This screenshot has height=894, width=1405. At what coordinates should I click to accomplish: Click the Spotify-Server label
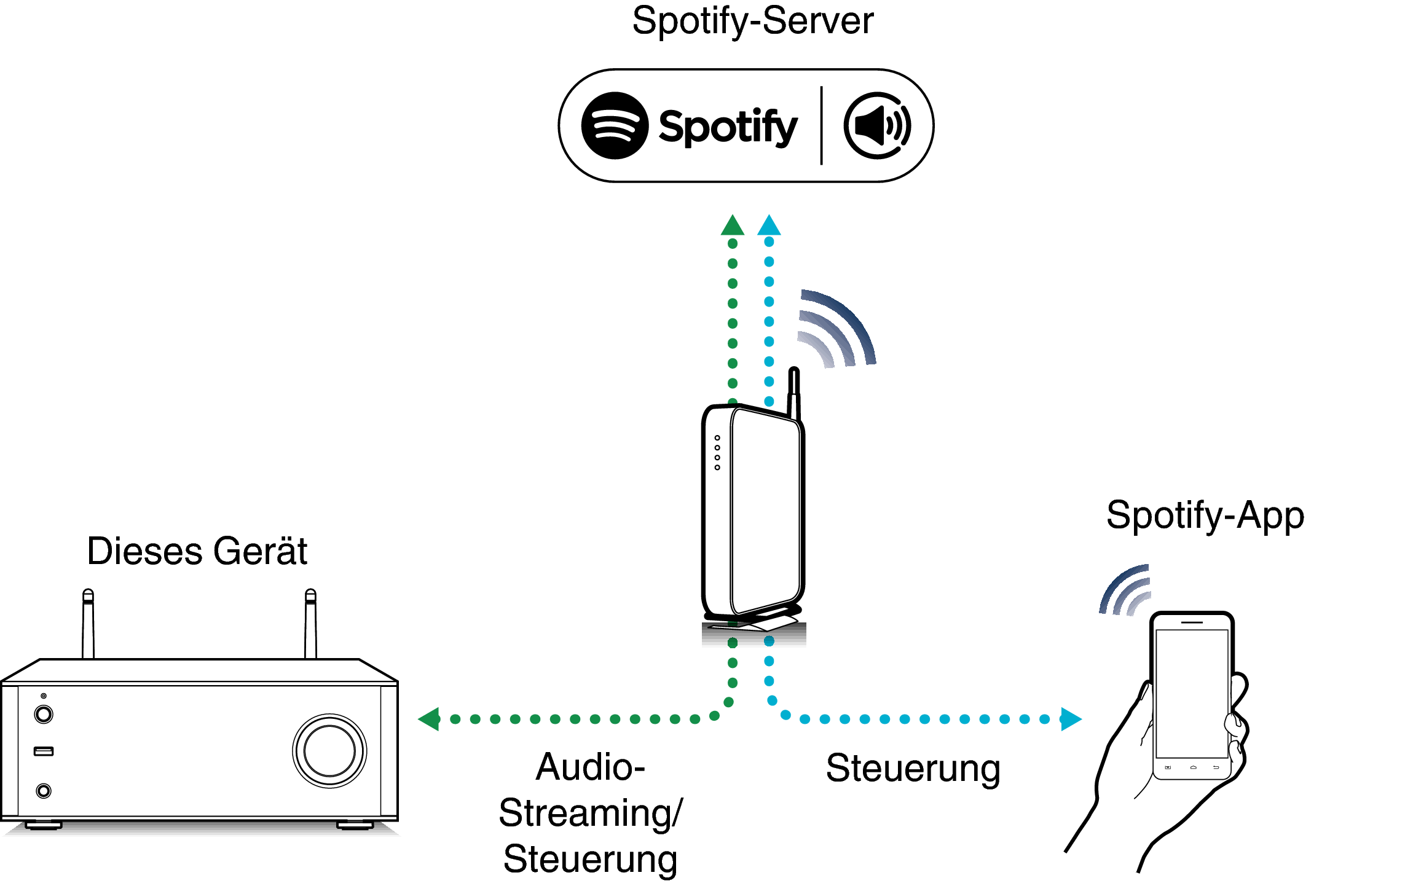[x=752, y=21]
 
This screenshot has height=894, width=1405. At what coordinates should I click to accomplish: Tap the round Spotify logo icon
[x=615, y=126]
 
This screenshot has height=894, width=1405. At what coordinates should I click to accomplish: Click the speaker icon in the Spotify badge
[x=878, y=126]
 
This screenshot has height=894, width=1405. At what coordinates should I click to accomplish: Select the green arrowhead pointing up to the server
[x=733, y=225]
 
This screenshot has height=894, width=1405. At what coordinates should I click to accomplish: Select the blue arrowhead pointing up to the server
[x=769, y=225]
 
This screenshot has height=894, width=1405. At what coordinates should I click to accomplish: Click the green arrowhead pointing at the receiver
[x=430, y=719]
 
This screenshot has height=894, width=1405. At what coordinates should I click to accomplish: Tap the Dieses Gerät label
[x=197, y=551]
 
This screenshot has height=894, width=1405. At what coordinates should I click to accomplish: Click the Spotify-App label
[x=1205, y=515]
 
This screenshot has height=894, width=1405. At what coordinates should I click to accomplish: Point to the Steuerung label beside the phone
[x=913, y=768]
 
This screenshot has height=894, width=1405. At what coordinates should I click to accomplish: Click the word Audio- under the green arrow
[x=590, y=767]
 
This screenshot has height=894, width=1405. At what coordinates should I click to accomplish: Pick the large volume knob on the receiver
[x=329, y=751]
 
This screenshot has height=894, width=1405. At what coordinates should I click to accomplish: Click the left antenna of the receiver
[x=89, y=624]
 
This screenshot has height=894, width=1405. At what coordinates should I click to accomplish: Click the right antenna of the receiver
[x=311, y=624]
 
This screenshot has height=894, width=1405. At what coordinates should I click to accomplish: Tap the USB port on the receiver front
[x=44, y=751]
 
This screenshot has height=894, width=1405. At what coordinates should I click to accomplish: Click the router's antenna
[x=794, y=393]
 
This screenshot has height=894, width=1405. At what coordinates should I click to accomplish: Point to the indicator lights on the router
[x=717, y=453]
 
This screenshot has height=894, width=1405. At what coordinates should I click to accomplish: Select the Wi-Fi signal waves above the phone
[x=1125, y=590]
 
